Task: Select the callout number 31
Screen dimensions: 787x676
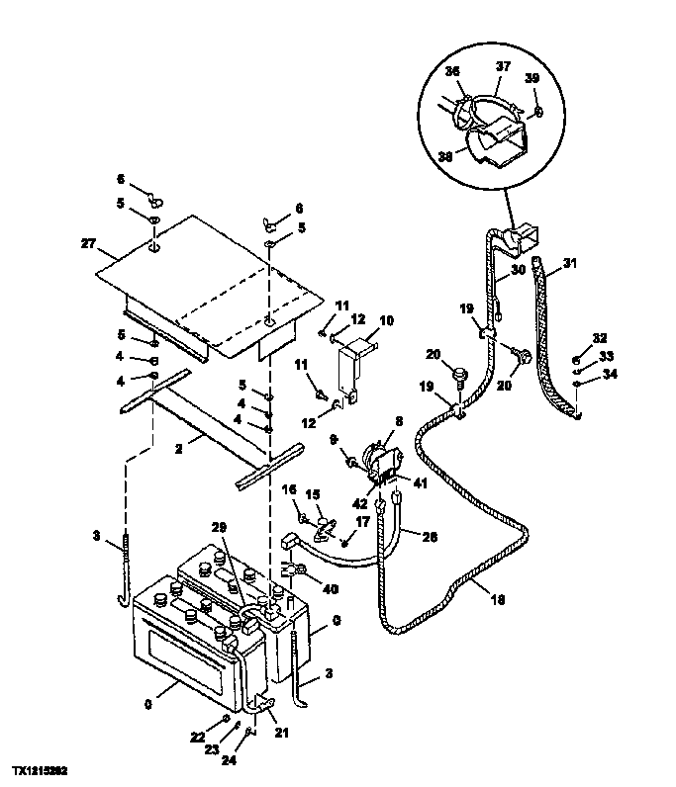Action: [x=568, y=263]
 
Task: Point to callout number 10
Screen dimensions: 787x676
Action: [x=386, y=320]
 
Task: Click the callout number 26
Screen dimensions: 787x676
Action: [x=428, y=539]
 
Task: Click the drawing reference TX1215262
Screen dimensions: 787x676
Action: [x=41, y=768]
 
